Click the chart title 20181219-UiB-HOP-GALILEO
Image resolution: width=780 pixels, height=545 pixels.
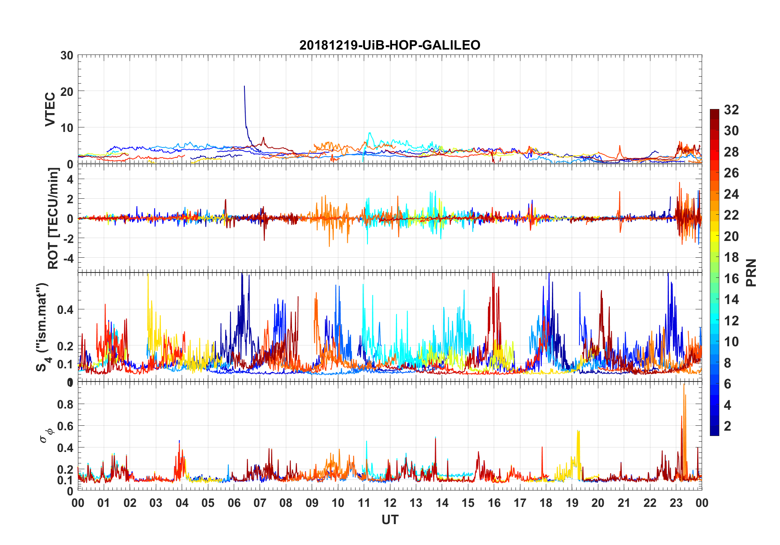[390, 45]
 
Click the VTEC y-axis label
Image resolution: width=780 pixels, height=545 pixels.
[50, 109]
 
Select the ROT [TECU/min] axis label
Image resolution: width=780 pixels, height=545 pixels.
[53, 218]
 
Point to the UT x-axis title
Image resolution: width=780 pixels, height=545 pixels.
[390, 520]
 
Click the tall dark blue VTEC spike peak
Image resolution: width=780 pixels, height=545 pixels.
[244, 86]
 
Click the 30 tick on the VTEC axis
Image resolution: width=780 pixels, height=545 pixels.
[66, 56]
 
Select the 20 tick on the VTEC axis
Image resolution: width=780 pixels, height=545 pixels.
[66, 92]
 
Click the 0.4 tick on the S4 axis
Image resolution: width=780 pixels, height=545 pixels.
[65, 310]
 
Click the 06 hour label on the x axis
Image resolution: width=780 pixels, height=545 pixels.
[234, 503]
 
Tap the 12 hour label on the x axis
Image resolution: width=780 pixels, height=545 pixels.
[390, 503]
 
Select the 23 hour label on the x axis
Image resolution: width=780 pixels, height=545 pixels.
[676, 503]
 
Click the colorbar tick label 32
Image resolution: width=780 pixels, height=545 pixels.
[731, 110]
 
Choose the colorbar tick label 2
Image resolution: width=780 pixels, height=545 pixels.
[728, 426]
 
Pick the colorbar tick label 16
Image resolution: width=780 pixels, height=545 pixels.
[731, 279]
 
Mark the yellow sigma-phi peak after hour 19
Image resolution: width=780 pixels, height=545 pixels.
[578, 431]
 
